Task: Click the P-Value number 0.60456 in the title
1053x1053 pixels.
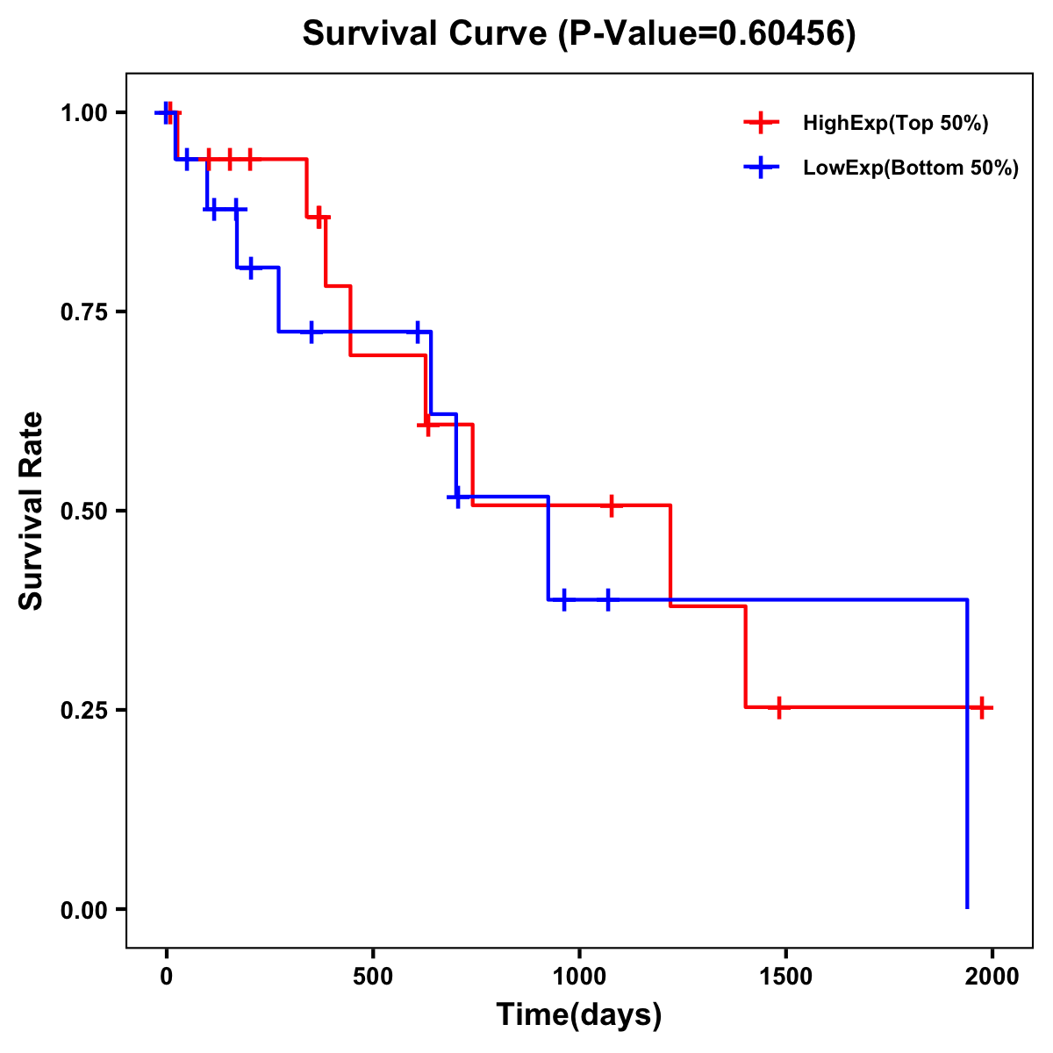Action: [x=783, y=34]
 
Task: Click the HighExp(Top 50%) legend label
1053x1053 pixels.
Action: [x=895, y=124]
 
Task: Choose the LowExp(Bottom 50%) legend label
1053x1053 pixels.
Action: [x=911, y=168]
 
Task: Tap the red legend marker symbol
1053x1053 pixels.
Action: [x=761, y=124]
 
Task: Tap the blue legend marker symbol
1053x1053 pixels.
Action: [x=761, y=168]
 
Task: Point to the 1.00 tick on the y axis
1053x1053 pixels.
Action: [x=83, y=113]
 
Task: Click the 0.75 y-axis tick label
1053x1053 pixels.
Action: [x=83, y=312]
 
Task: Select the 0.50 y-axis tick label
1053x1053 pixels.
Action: [x=83, y=512]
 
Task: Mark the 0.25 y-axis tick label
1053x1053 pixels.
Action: [x=83, y=711]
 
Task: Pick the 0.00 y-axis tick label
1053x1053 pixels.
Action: [x=83, y=910]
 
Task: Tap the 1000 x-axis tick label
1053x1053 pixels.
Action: [x=579, y=977]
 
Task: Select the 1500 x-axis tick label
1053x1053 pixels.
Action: [x=785, y=977]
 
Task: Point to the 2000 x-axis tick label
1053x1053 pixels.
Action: [x=992, y=977]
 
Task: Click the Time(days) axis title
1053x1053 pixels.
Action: [x=579, y=1015]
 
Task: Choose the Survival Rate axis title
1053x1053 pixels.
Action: [x=32, y=511]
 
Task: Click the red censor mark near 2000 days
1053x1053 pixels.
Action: [x=982, y=707]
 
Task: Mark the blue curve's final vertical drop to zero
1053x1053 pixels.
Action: [x=967, y=755]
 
